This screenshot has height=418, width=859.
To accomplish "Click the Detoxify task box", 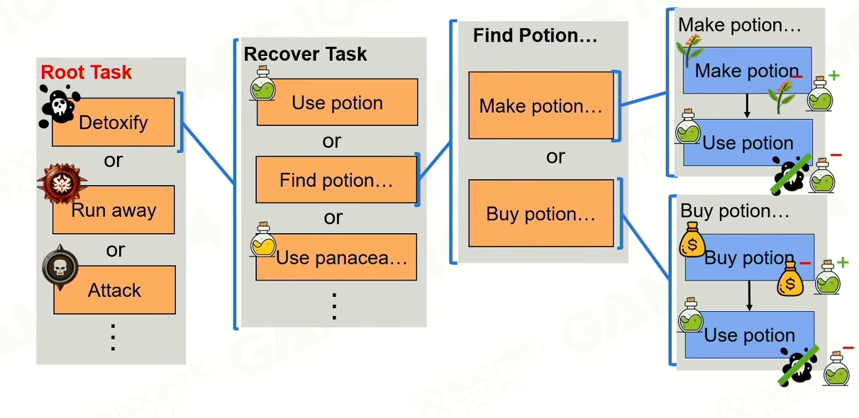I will [x=113, y=123].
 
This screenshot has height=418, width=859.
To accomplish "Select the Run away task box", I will [x=113, y=210].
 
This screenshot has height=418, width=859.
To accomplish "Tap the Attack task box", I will [x=114, y=290].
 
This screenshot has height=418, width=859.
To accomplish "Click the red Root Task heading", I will [x=87, y=72].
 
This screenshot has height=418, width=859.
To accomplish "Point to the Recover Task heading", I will [x=306, y=55].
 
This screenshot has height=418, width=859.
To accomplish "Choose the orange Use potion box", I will [x=337, y=103].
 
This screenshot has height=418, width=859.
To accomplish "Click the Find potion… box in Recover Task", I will [x=336, y=180].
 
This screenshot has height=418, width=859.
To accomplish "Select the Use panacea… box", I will [x=341, y=258].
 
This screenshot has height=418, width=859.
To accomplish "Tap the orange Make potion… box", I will [x=541, y=106].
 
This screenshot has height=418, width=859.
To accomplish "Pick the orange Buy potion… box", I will [x=541, y=214].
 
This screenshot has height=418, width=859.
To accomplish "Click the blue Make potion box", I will [x=747, y=70].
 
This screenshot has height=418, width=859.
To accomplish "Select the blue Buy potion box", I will [x=749, y=258].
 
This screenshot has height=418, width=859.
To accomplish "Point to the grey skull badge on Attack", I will [x=60, y=267].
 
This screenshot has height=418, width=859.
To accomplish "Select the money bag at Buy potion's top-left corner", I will [x=692, y=239].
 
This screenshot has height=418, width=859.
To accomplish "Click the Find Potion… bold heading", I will [x=535, y=35].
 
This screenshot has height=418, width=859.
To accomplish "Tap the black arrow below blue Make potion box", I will [x=746, y=106].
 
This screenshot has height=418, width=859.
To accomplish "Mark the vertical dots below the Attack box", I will [x=113, y=337].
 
